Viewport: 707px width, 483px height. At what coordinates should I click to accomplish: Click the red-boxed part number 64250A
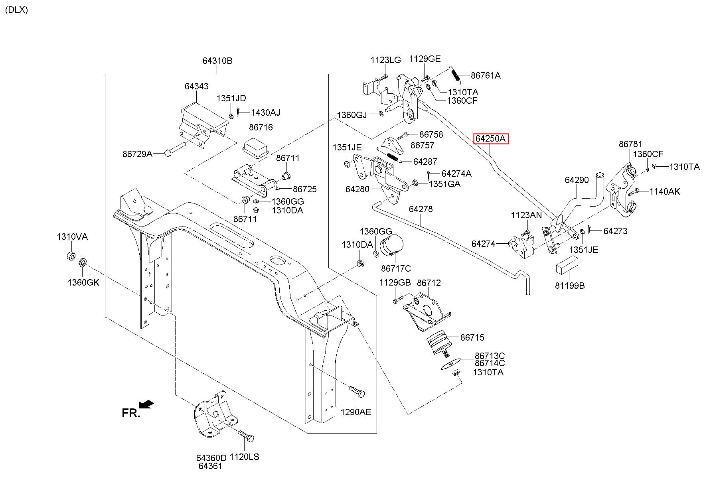491,139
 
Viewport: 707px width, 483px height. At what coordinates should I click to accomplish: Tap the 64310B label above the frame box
217,61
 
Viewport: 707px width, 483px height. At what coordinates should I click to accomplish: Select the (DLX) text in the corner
16,10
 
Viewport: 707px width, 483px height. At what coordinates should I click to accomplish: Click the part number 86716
261,127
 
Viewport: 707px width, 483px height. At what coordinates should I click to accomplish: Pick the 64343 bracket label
196,86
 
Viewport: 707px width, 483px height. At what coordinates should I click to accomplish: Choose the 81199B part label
569,286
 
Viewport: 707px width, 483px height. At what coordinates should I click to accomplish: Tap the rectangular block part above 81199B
567,265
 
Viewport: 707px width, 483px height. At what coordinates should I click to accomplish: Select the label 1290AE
355,412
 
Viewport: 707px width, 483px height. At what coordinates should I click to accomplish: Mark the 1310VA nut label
72,237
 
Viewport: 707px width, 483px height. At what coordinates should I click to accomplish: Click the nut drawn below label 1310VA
70,255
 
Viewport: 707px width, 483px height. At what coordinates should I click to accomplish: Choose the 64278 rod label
421,209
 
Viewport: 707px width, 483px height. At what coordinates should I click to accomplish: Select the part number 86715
472,337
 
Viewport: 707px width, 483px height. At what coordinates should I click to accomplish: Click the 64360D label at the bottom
211,458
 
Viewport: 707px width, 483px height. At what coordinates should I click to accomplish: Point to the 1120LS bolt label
245,457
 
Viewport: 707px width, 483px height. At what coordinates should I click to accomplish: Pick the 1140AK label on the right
665,191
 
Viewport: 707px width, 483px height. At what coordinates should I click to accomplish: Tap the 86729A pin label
137,154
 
